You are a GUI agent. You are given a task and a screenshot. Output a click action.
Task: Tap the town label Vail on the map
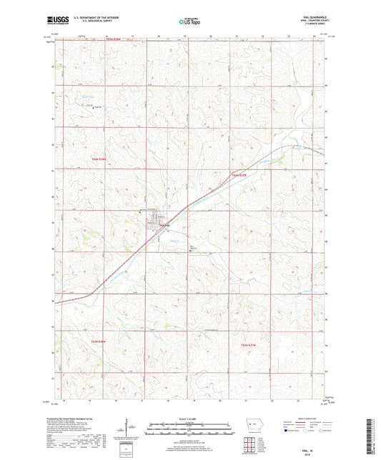click(x=164, y=226)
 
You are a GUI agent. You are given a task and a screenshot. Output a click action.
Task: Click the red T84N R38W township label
click(x=98, y=159)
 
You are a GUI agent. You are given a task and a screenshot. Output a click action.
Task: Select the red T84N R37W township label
click(x=238, y=174)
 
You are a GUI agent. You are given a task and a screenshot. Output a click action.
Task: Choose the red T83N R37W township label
click(x=248, y=346)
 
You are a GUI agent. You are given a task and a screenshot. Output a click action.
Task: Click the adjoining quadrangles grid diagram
click(x=251, y=447)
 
